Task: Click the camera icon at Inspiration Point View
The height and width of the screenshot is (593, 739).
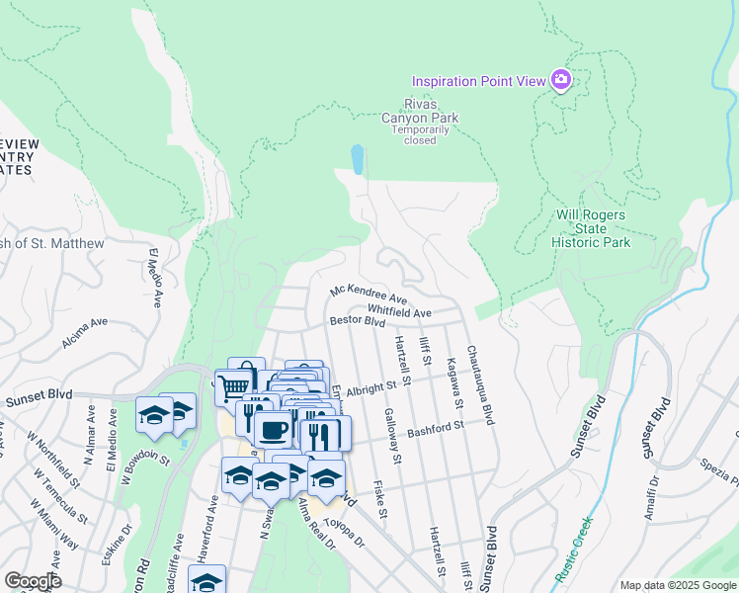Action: point(561,80)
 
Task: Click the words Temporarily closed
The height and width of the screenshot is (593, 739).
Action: point(420,134)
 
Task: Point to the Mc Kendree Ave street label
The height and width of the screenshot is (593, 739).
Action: point(369,294)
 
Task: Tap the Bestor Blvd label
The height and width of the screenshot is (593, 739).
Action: point(357,322)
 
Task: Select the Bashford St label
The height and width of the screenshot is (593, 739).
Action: point(463,426)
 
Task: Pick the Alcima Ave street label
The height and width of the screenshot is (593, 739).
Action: point(84,330)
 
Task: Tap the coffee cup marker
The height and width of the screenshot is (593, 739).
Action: point(273,429)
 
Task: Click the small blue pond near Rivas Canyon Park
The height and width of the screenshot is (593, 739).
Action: point(357,159)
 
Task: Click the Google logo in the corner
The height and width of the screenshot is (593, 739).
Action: point(33,581)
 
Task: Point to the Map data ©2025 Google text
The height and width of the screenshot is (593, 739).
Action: point(677,585)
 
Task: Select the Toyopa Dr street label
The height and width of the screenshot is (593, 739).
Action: point(345,533)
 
